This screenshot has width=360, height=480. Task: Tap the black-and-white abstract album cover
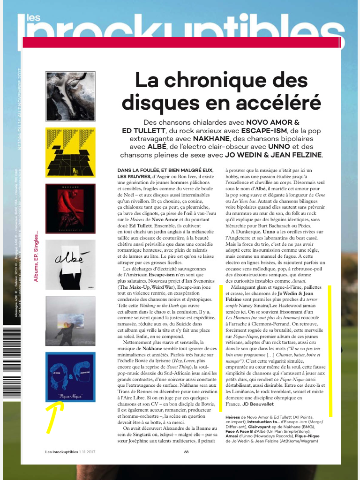[70, 96]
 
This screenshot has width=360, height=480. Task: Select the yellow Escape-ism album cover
[70, 152]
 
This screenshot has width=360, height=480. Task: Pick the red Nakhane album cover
[70, 209]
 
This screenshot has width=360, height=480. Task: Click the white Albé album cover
[70, 264]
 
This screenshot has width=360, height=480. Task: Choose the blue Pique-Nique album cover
[70, 376]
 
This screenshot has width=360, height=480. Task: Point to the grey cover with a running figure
[70, 321]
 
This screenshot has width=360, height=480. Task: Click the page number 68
[186, 452]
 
